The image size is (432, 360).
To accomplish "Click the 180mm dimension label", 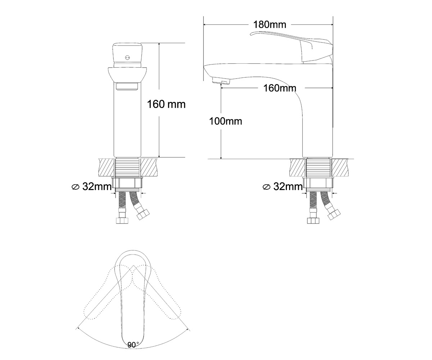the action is pos(270,24).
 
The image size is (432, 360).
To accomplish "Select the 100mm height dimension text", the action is pos(225,121).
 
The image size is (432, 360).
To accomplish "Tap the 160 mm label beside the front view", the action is pos(166,104).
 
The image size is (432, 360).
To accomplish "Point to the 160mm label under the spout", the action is pos(280,88).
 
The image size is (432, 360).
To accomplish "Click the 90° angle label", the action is pos(133,345).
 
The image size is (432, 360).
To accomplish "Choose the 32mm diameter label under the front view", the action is pos(92,186).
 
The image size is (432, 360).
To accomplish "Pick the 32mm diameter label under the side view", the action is pos(283,186).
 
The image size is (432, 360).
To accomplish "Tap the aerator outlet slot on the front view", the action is pos(127,87).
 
